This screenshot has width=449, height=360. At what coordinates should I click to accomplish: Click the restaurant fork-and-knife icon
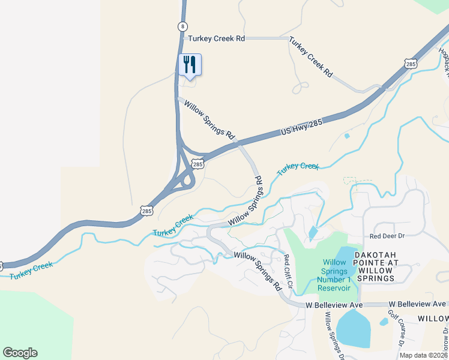pyautogui.click(x=190, y=64)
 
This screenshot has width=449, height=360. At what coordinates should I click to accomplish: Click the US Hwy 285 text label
pyautogui.click(x=301, y=128)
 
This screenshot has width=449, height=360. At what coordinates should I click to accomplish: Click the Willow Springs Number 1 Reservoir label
pyautogui.click(x=334, y=275)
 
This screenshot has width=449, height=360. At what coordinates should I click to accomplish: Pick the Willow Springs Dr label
pyautogui.click(x=334, y=337)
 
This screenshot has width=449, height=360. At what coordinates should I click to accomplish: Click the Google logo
pyautogui.click(x=20, y=353)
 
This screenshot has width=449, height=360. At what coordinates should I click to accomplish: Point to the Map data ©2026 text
pyautogui.click(x=423, y=355)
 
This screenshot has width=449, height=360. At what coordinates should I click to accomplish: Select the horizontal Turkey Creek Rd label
pyautogui.click(x=217, y=38)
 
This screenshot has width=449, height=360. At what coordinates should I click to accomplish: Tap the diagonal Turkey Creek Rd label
pyautogui.click(x=310, y=57)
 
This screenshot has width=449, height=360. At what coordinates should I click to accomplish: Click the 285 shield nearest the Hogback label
pyautogui.click(x=411, y=64)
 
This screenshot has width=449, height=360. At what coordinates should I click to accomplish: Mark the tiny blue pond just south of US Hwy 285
pyautogui.click(x=347, y=136)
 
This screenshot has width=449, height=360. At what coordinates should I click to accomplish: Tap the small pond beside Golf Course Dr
pyautogui.click(x=384, y=322)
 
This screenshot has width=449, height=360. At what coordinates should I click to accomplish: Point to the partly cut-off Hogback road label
pyautogui.click(x=444, y=60)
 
